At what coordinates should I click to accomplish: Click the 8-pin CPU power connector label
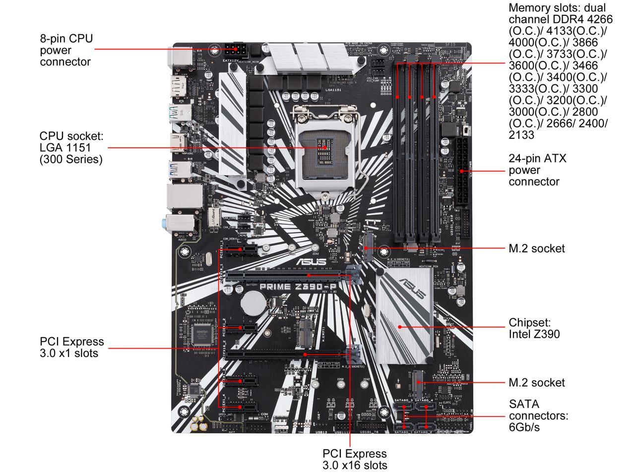pos(66,50)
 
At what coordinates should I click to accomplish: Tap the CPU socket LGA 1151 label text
pos(71,148)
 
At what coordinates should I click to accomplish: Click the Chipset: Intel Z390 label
pos(534,328)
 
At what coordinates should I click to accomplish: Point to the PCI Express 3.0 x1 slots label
pos(72,347)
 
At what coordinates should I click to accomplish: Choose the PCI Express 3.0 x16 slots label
pos(354,459)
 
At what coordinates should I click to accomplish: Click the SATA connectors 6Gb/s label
pos(538,416)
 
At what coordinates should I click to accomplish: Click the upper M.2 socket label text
pos(536,248)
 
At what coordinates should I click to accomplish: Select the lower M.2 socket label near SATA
pos(536,382)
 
